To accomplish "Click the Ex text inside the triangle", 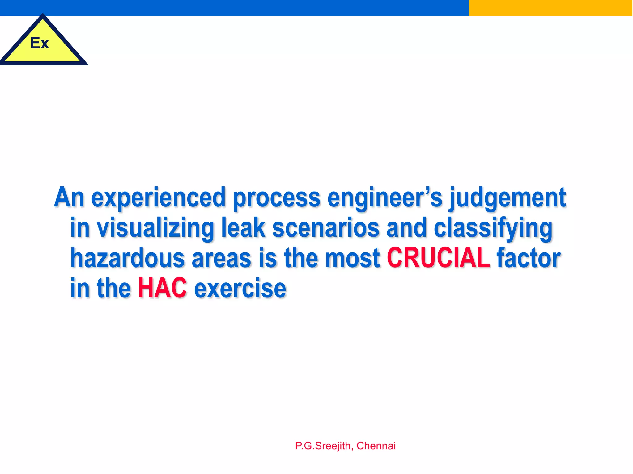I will point(40,43).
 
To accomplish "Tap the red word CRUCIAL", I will point(438,258).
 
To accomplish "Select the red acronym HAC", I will point(162,288).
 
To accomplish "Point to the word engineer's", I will point(385,197).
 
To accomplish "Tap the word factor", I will point(529,258).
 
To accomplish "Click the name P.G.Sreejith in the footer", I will point(323,446).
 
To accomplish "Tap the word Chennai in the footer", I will point(376,446).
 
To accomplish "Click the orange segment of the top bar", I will point(550,8).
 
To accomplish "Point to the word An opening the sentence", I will point(69,197).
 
